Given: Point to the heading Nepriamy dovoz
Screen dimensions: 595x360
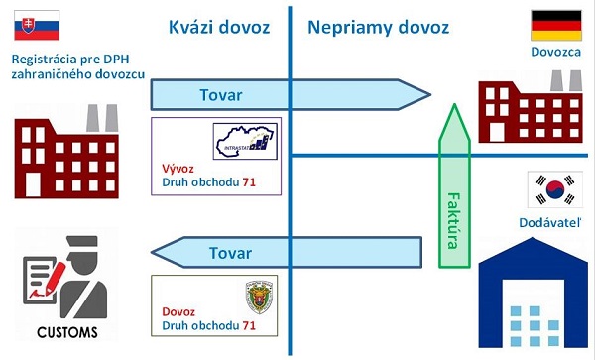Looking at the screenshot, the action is pyautogui.click(x=378, y=28).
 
